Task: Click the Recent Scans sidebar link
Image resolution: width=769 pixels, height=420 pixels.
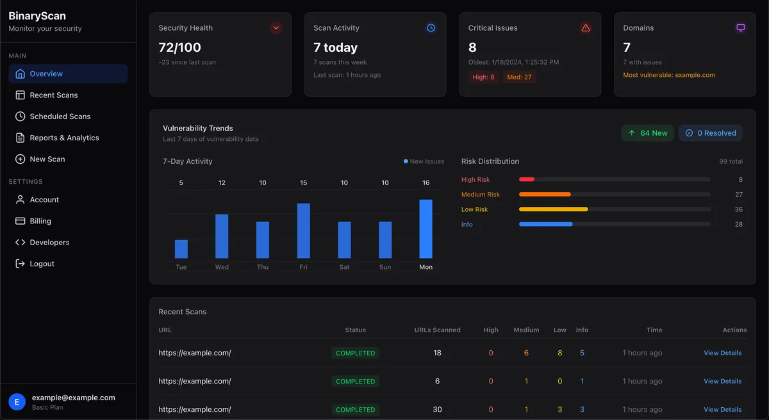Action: pyautogui.click(x=54, y=95)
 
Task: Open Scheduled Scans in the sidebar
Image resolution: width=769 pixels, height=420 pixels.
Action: pyautogui.click(x=60, y=117)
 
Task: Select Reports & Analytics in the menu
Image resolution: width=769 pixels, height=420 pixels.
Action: pyautogui.click(x=64, y=138)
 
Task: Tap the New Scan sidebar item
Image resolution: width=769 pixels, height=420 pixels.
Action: pyautogui.click(x=47, y=159)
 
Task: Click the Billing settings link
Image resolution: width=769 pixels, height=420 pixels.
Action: pyautogui.click(x=40, y=221)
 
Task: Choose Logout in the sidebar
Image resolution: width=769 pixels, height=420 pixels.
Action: pyautogui.click(x=42, y=264)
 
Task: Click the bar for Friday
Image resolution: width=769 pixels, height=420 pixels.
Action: pyautogui.click(x=303, y=230)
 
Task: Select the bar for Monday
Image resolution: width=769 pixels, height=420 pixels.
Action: pyautogui.click(x=426, y=229)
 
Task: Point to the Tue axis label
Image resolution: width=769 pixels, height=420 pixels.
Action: pyautogui.click(x=181, y=267)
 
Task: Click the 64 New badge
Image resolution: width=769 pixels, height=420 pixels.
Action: pyautogui.click(x=647, y=133)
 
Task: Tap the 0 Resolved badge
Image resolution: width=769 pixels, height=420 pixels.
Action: pyautogui.click(x=711, y=133)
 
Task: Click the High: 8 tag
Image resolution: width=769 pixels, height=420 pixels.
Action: pyautogui.click(x=483, y=77)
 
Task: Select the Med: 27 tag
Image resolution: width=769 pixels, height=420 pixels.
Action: pyautogui.click(x=520, y=77)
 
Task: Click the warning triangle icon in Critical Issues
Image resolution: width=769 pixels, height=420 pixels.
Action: pyautogui.click(x=585, y=28)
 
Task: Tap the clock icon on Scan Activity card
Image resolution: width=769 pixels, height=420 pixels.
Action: pyautogui.click(x=431, y=28)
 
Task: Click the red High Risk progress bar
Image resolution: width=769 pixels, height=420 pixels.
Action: pyautogui.click(x=526, y=180)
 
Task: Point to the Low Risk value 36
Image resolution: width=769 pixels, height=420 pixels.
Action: pyautogui.click(x=738, y=209)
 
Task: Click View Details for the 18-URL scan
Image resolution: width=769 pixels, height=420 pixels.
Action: pyautogui.click(x=722, y=353)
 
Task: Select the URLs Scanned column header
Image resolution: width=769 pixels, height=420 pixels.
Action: pyautogui.click(x=437, y=330)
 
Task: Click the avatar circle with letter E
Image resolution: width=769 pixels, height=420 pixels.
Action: pyautogui.click(x=17, y=401)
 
